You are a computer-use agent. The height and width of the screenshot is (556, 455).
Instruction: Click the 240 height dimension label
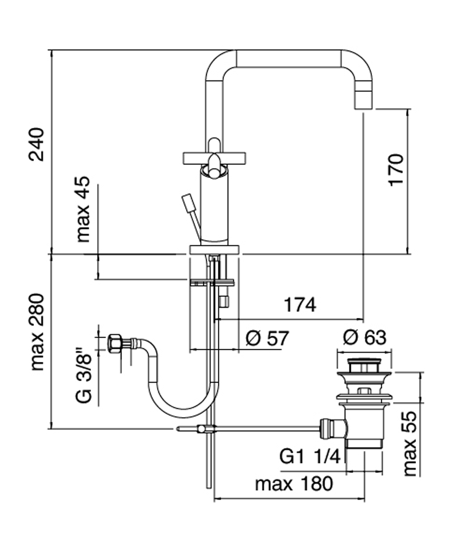(x=36, y=145)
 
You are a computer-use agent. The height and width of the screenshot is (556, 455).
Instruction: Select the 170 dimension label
(x=397, y=169)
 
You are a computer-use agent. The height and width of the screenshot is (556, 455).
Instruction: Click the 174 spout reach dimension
(x=299, y=305)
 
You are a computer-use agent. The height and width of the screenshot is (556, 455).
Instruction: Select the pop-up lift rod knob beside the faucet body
(x=188, y=203)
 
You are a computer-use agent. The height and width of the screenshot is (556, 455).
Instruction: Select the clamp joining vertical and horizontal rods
(x=202, y=430)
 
